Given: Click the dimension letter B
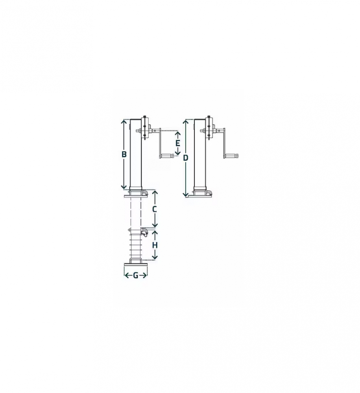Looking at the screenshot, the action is point(124,154).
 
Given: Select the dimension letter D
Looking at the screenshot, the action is point(186,158).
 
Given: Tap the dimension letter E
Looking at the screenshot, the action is point(177,143).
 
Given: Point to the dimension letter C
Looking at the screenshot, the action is point(155,209).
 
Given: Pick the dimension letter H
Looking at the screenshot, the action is point(155,245).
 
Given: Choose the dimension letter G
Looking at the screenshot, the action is point(136,276).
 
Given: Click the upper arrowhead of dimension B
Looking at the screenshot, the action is point(124,121).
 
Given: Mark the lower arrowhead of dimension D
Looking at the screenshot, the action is point(185,195).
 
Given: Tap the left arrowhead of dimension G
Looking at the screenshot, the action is point(126,276).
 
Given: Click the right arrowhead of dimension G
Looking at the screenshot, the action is point(145,276).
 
